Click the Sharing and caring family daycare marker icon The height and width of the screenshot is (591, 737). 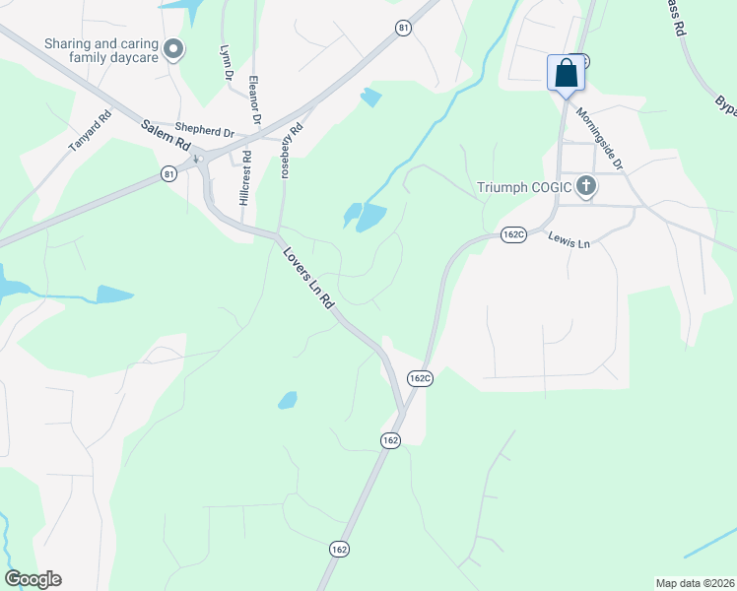(x=174, y=49)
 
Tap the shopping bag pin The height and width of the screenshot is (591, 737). (x=566, y=73)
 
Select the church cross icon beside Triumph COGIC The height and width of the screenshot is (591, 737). (x=586, y=187)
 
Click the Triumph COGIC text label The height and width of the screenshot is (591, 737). (x=524, y=187)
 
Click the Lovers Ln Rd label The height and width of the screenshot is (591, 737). (x=309, y=279)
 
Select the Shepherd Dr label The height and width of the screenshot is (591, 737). (x=204, y=129)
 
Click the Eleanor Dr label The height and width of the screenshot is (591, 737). (x=255, y=100)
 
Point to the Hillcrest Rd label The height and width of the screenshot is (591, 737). (x=244, y=178)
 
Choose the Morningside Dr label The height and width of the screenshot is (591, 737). (x=600, y=139)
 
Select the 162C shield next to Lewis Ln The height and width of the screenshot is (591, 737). (x=513, y=234)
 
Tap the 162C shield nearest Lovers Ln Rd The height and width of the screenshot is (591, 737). (x=420, y=377)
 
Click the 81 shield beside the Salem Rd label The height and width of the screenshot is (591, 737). (x=171, y=173)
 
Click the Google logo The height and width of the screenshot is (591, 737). (x=33, y=579)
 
